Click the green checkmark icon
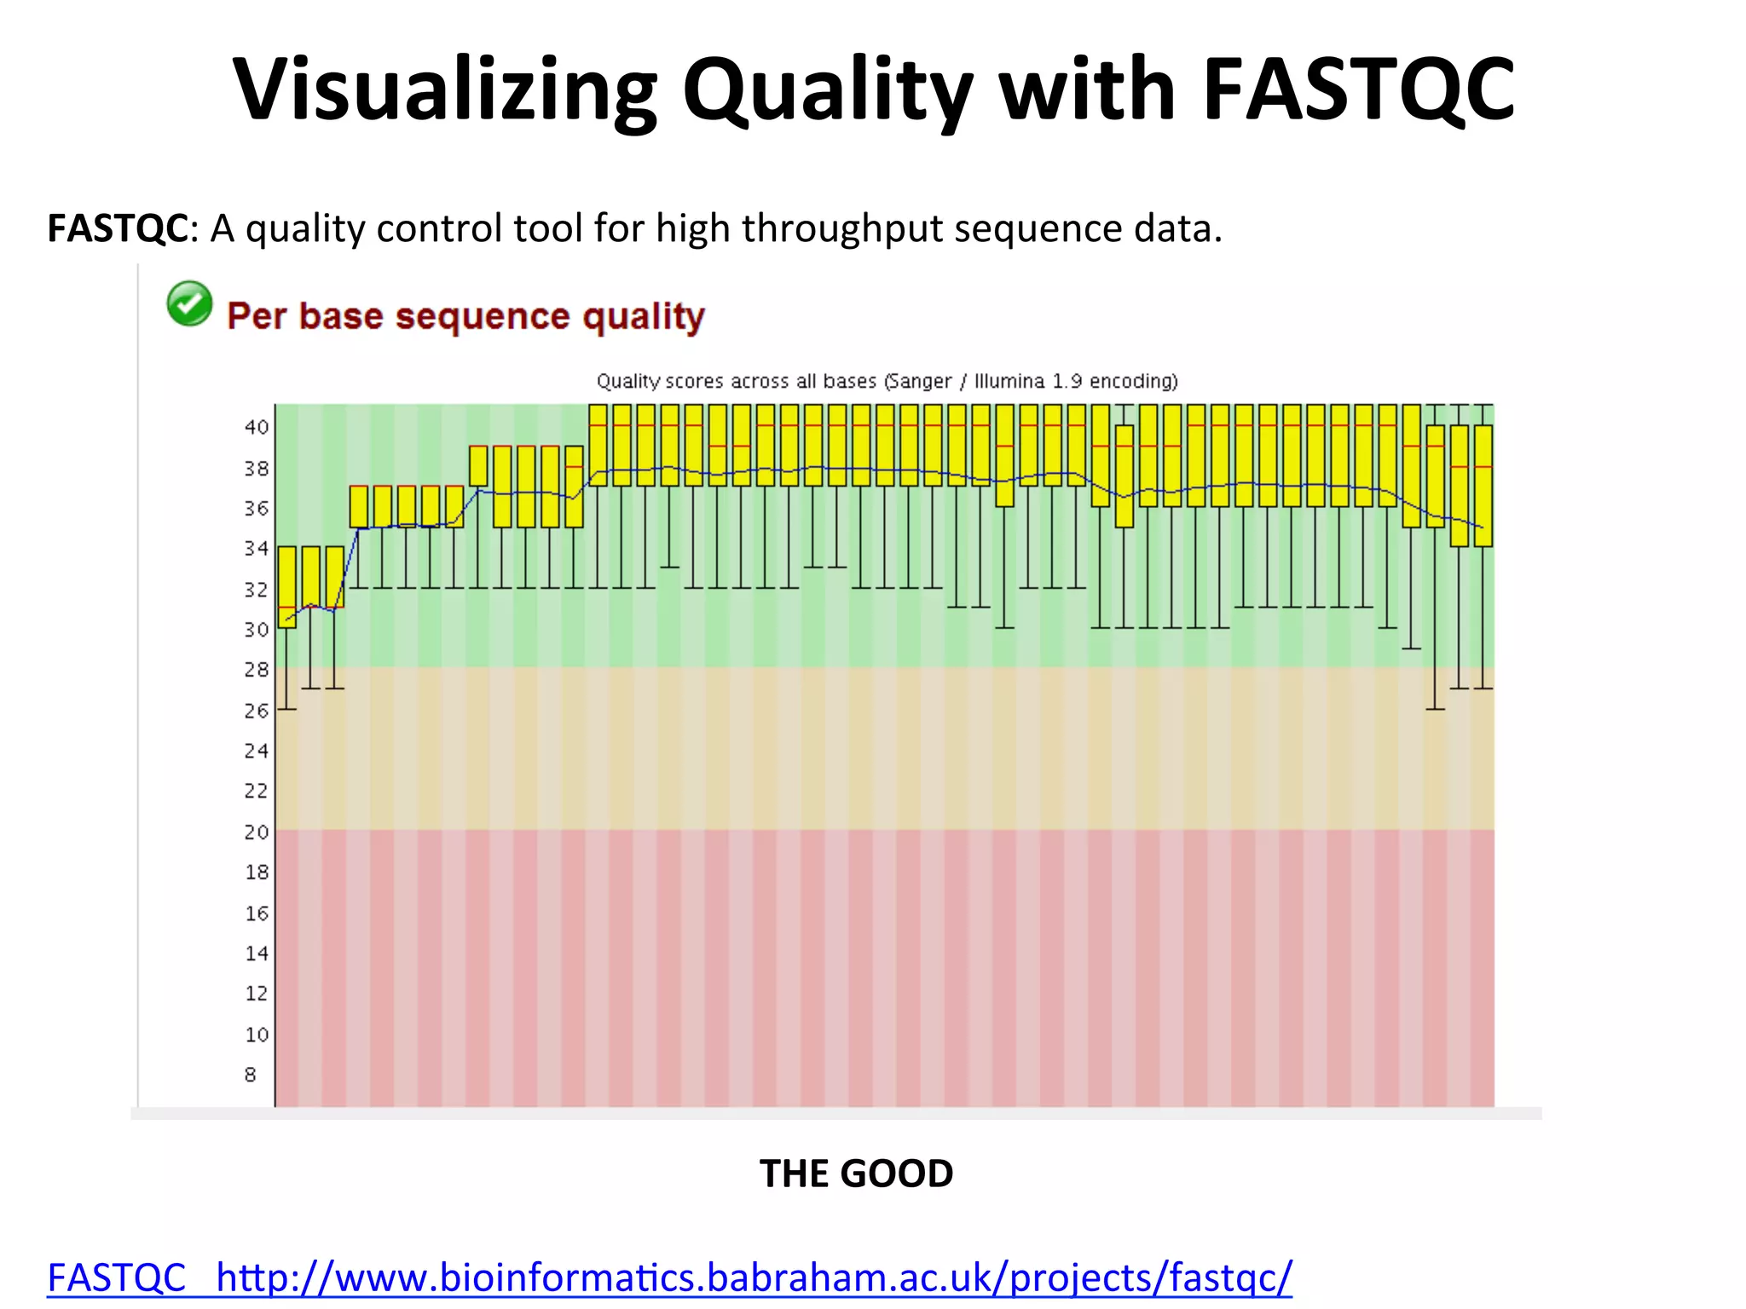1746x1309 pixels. click(189, 303)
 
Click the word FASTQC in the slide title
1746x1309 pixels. click(1359, 89)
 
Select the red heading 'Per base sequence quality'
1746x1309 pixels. click(465, 316)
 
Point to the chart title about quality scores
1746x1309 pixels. click(887, 381)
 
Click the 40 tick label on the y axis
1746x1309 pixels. click(257, 427)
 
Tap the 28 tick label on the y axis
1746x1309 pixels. click(257, 670)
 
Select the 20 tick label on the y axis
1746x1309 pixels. click(257, 832)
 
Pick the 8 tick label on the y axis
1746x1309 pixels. click(251, 1075)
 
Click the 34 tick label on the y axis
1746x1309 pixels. click(257, 549)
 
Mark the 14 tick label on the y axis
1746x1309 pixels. click(257, 954)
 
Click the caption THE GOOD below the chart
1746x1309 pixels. click(856, 1174)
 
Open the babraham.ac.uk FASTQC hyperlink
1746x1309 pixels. click(669, 1277)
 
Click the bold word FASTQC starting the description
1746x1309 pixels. click(118, 228)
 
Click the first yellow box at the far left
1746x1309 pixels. click(287, 586)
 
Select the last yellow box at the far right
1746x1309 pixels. click(1483, 486)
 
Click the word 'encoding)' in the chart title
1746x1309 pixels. click(1134, 381)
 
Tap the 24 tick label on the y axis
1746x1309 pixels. click(257, 751)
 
